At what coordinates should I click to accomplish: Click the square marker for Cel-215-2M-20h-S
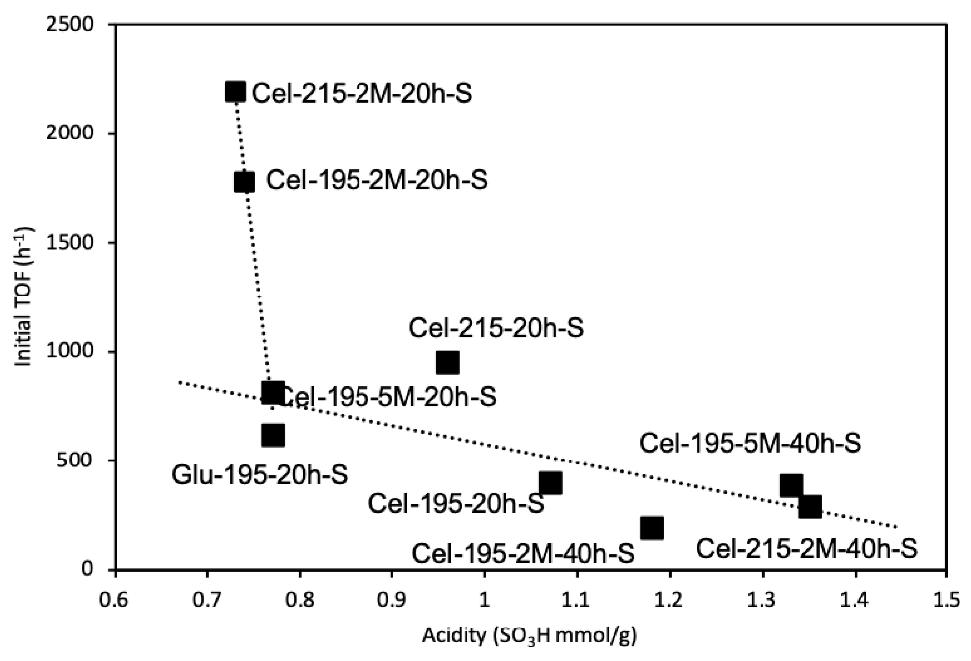coord(235,92)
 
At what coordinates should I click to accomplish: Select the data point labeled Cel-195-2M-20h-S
coord(244,182)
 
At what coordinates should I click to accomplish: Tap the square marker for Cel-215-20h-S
coord(448,362)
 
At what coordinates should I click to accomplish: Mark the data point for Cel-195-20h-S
coord(550,483)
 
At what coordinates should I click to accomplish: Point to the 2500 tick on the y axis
coord(75,25)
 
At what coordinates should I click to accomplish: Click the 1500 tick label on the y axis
coord(75,243)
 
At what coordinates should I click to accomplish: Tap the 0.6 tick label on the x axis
coord(115,600)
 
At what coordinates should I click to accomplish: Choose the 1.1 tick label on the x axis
coord(577,600)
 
